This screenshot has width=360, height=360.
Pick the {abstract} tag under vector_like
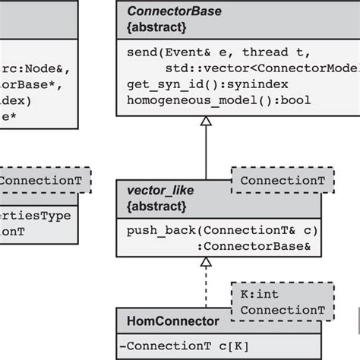(x=155, y=205)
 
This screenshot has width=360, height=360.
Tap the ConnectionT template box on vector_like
(x=276, y=180)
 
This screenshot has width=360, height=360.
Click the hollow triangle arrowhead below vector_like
(x=206, y=263)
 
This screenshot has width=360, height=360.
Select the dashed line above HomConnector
(x=206, y=289)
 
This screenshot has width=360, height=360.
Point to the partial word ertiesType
(x=36, y=216)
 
